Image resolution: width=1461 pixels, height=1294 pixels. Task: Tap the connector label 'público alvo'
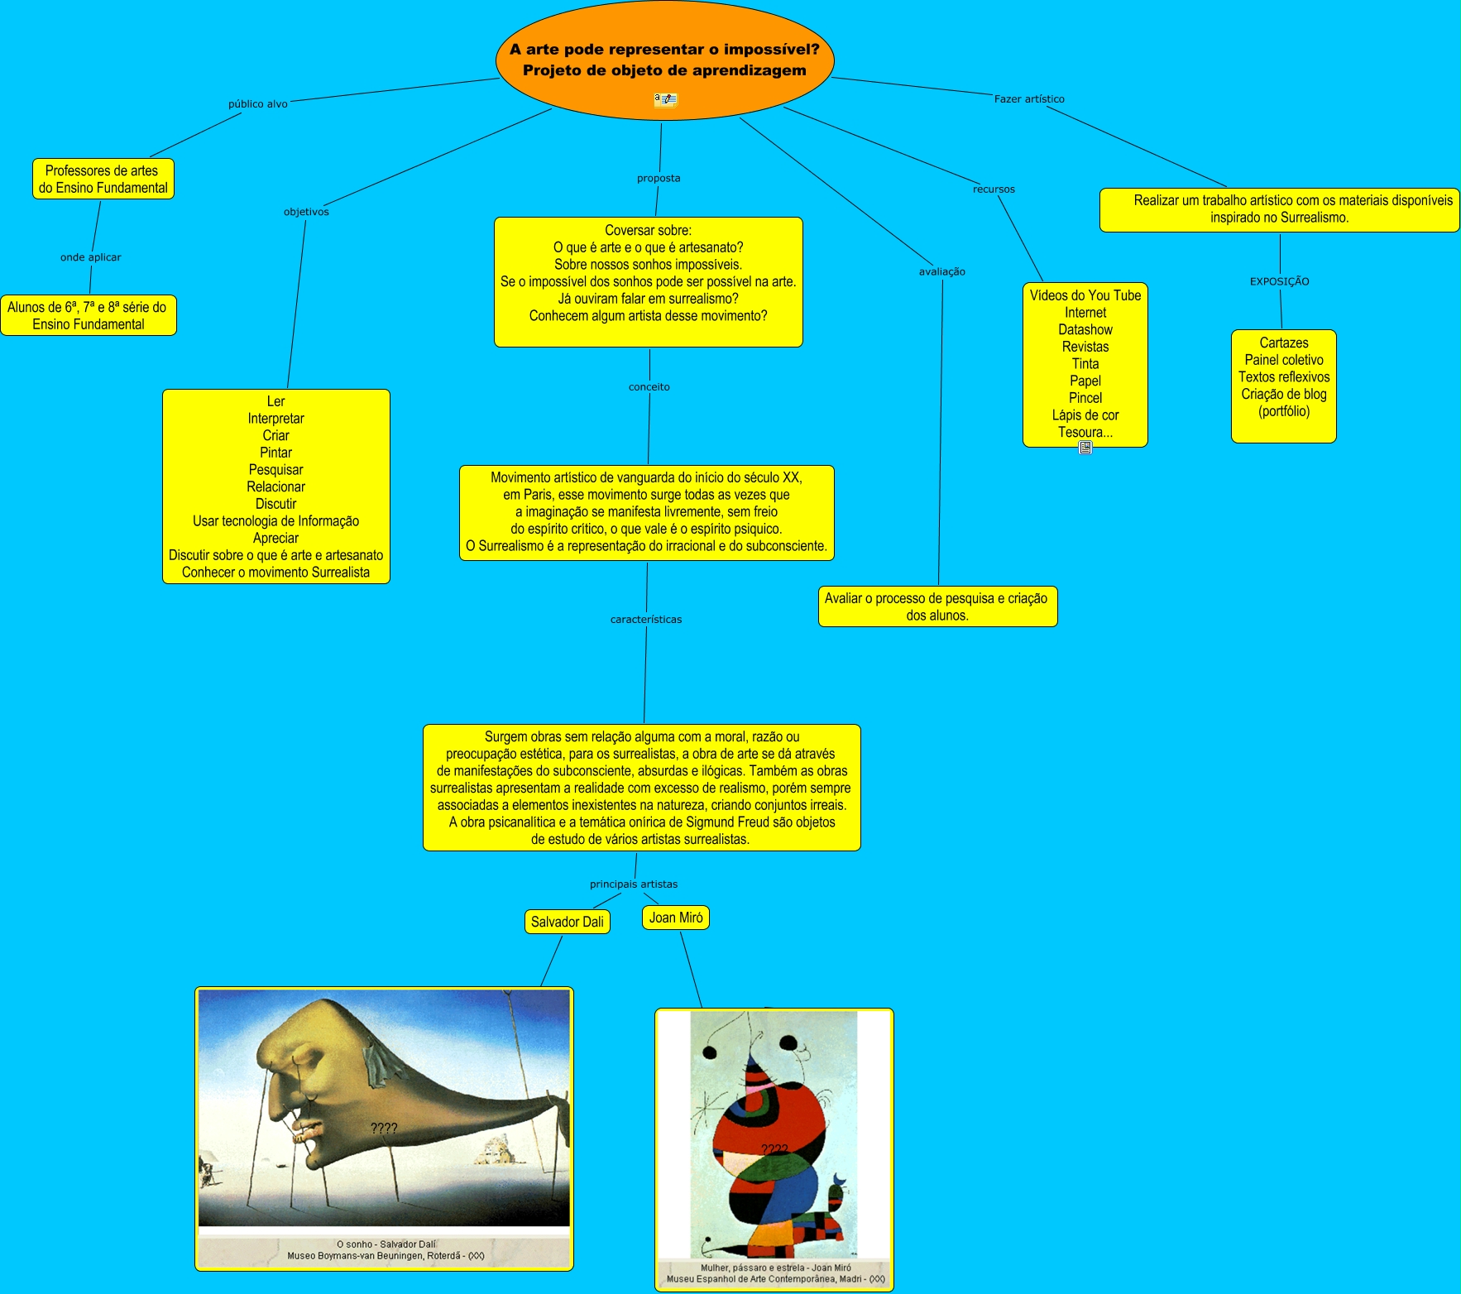[x=258, y=104]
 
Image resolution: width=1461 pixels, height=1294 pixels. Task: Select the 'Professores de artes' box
[x=103, y=179]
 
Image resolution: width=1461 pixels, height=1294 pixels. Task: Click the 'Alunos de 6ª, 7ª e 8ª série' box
[x=88, y=315]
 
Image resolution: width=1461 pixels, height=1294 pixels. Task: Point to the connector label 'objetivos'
[x=306, y=212]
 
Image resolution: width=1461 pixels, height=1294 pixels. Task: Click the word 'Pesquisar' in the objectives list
[x=275, y=470]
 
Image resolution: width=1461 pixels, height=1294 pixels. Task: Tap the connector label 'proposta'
[x=659, y=178]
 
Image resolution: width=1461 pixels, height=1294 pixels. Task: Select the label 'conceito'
[x=649, y=386]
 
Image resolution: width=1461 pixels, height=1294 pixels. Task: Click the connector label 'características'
[x=646, y=620]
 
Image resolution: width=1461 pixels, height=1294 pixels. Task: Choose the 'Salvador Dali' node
[x=568, y=922]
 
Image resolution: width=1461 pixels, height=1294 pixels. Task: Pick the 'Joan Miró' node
[x=676, y=918]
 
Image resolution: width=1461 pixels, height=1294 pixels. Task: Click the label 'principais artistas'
[x=634, y=884]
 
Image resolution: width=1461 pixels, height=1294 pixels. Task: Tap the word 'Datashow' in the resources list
[x=1085, y=329]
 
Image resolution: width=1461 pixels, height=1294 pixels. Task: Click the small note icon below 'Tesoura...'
[x=1085, y=448]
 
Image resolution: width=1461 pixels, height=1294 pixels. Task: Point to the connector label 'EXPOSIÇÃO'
[x=1280, y=281]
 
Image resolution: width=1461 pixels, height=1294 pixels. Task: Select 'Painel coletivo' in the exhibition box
[x=1284, y=360]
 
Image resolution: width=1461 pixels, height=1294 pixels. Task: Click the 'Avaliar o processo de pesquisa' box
[x=937, y=606]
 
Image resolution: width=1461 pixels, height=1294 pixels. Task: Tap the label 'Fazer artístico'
[x=1029, y=99]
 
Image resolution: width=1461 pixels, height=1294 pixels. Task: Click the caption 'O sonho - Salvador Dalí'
[x=386, y=1244]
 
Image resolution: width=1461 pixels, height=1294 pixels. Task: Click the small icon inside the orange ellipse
[x=665, y=100]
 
